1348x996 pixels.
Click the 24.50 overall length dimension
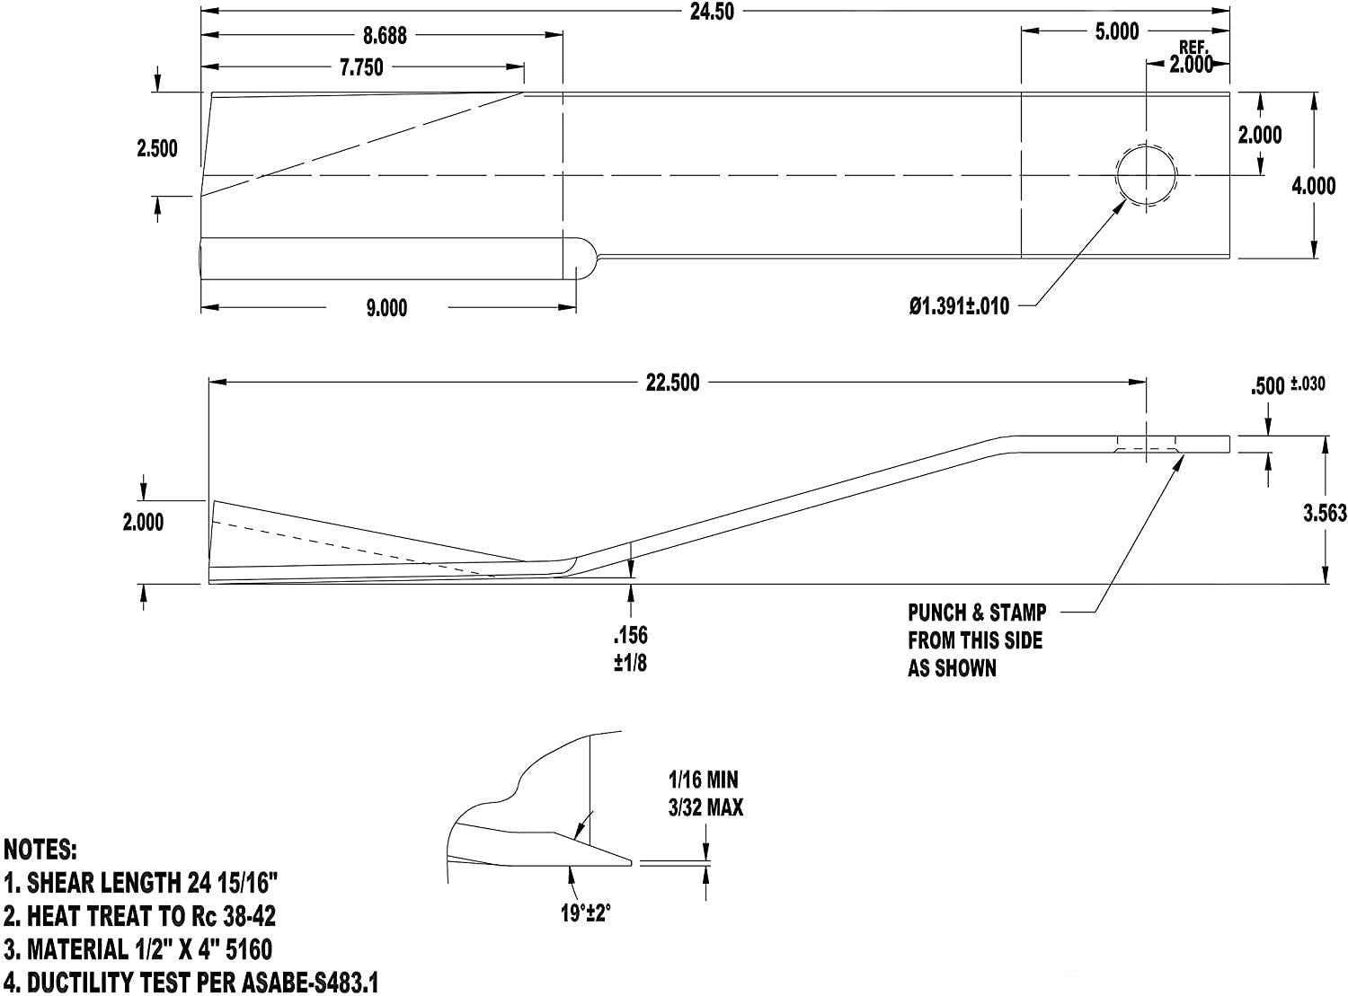coord(712,13)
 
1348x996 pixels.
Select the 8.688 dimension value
coord(385,36)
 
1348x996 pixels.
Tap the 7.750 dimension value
coord(361,67)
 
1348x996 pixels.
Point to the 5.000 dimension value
coord(1117,31)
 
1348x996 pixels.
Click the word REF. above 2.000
coord(1194,48)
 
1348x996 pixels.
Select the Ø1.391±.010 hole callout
coord(959,305)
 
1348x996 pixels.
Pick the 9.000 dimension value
coord(386,308)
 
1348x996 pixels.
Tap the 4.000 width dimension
coord(1313,185)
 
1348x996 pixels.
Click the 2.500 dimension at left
coord(156,148)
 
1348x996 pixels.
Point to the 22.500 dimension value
coord(672,383)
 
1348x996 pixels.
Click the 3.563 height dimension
coord(1325,513)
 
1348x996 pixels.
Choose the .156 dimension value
coord(631,635)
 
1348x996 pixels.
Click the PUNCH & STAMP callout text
coord(977,613)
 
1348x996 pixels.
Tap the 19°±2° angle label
coord(585,912)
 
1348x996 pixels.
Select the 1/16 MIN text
coord(704,780)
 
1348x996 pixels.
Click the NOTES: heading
coord(40,851)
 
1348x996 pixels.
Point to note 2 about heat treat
coord(140,916)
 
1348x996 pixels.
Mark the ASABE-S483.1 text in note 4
coord(310,983)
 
